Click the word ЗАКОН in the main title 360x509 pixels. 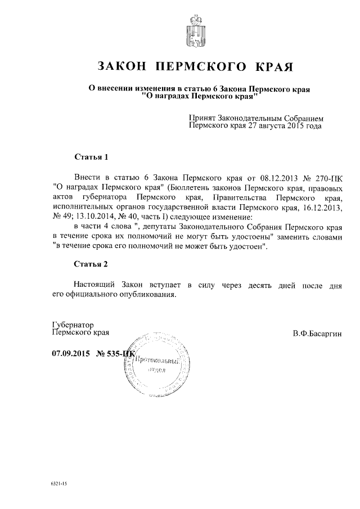pyautogui.click(x=123, y=67)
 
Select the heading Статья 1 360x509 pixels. pyautogui.click(x=91, y=156)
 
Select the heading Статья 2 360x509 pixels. pyautogui.click(x=91, y=263)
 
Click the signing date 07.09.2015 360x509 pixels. pyautogui.click(x=70, y=354)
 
